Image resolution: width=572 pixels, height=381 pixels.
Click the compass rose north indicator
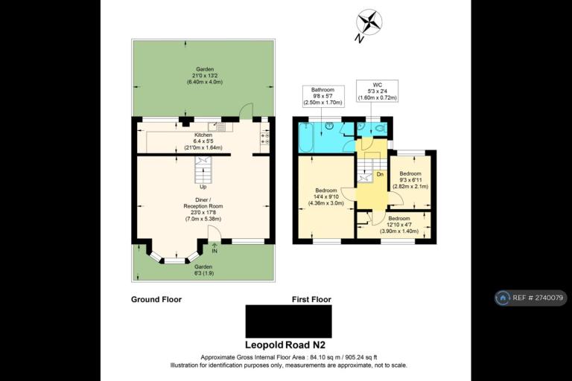click(x=369, y=24)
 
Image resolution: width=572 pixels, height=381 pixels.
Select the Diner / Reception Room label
click(x=203, y=209)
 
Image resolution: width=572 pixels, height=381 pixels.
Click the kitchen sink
click(x=220, y=127)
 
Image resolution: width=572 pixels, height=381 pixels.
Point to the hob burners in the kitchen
click(x=265, y=138)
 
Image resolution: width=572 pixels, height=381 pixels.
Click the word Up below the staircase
click(x=203, y=187)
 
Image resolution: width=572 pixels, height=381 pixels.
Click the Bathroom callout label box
click(x=322, y=96)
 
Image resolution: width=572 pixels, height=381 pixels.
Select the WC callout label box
click(x=377, y=91)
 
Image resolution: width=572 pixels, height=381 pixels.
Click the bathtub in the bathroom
click(x=305, y=138)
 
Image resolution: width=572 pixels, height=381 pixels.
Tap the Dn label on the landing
click(x=380, y=175)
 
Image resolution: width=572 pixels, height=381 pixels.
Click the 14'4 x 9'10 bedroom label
click(x=326, y=197)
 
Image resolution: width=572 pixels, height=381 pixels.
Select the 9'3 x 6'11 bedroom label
click(x=410, y=180)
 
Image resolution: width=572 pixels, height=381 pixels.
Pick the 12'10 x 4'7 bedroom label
click(x=399, y=225)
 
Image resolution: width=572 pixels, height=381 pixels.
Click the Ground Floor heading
click(x=156, y=300)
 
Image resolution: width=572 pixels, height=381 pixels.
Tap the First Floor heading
click(x=311, y=300)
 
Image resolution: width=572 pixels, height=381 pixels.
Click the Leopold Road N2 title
click(x=285, y=345)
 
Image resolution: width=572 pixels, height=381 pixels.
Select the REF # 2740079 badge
click(x=531, y=298)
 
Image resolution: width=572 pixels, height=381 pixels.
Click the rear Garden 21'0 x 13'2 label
click(x=205, y=75)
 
